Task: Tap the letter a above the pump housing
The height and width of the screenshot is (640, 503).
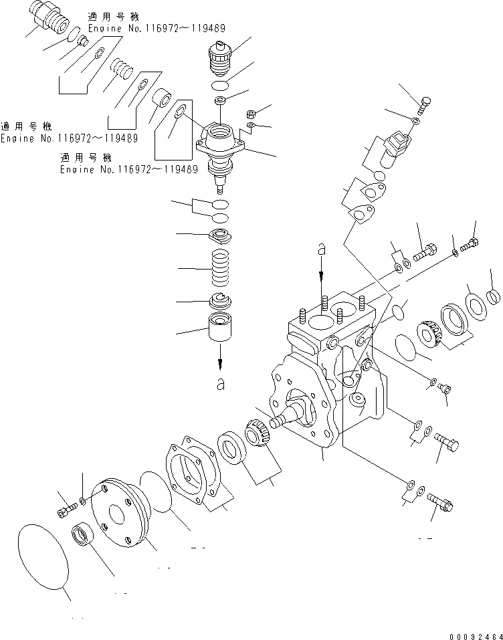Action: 322,250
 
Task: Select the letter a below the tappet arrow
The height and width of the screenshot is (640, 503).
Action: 221,384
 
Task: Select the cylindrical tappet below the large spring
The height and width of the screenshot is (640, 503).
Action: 221,328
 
